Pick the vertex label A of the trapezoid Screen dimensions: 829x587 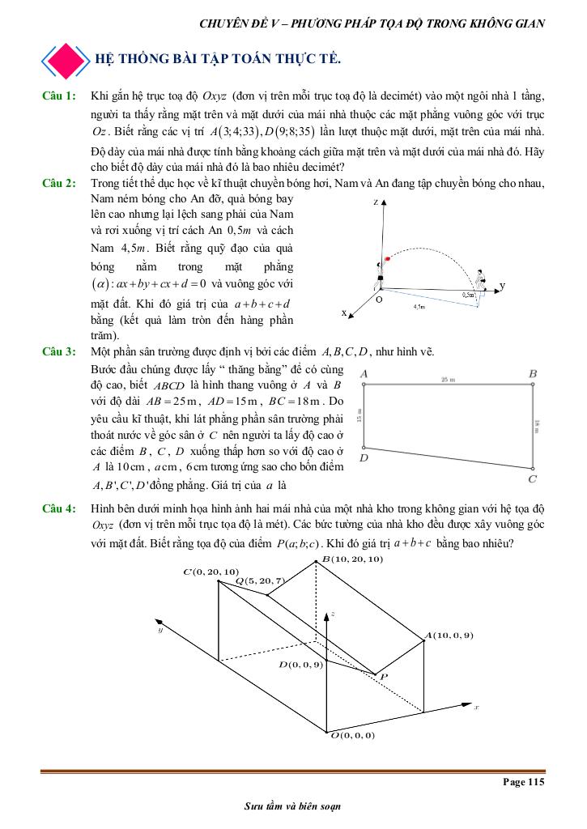click(364, 373)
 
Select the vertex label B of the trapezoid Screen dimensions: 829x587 click(533, 373)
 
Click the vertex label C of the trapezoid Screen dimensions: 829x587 click(532, 479)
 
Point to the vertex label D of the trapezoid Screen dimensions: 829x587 click(364, 458)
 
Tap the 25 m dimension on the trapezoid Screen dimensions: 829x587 click(448, 380)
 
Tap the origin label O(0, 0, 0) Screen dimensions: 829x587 click(352, 735)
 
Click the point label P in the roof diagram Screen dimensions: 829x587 click(384, 676)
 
